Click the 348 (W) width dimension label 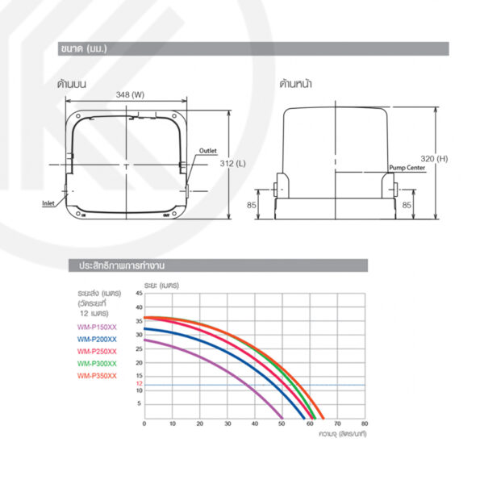tap(130, 94)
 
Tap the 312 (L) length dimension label tap(233, 163)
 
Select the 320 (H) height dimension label tap(434, 159)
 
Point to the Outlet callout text tap(208, 151)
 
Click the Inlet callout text tap(48, 203)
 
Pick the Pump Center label tap(407, 168)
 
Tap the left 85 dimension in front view tap(251, 205)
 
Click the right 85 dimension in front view tap(407, 205)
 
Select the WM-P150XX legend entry tap(97, 327)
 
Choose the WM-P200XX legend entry tap(97, 340)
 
